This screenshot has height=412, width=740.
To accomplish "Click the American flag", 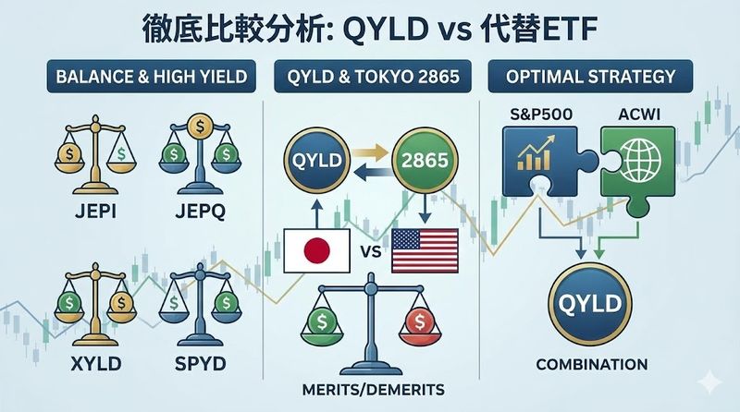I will [425, 251].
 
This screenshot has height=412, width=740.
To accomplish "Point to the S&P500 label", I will [538, 115].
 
